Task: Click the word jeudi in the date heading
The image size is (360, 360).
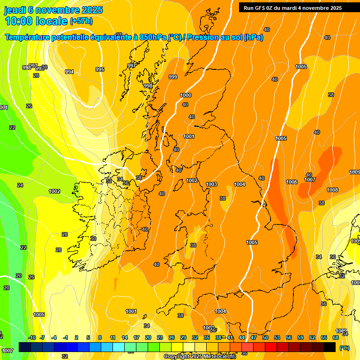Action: pos(15,10)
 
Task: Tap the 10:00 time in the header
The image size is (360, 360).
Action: pos(22,21)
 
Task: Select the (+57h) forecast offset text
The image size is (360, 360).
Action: pos(81,21)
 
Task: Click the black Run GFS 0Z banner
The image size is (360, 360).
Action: pos(292,7)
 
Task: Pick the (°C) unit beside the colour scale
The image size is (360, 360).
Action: pos(344,348)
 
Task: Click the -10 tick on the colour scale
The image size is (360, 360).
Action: pos(32,337)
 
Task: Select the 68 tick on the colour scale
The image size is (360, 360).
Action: pos(336,337)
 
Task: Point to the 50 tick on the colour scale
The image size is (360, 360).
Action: pos(265,337)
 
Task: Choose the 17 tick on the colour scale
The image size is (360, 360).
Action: pos(136,337)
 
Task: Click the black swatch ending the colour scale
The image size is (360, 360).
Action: pos(330,346)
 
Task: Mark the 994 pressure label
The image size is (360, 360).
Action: pos(69,72)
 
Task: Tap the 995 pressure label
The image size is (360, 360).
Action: pos(100,69)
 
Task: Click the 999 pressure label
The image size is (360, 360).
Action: pos(173,77)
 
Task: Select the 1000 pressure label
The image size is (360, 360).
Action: pos(186,95)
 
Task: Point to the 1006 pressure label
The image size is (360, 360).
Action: pos(292,182)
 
